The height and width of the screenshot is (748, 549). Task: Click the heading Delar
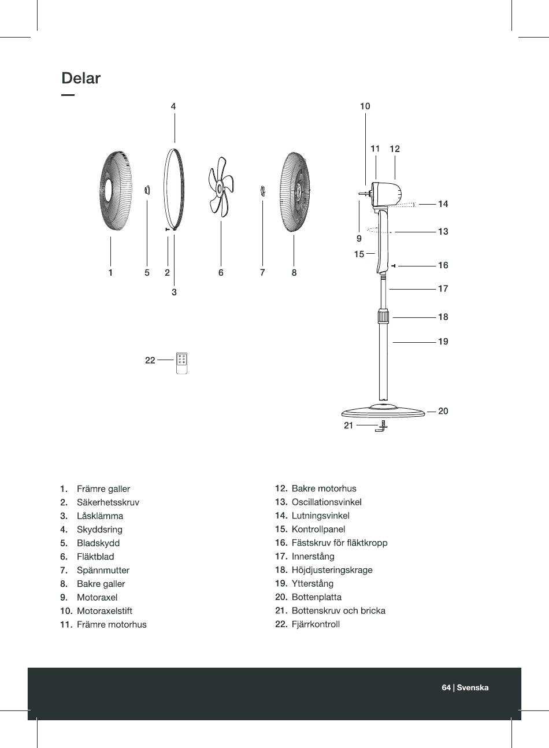pyautogui.click(x=81, y=78)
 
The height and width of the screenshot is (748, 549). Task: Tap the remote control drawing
pyautogui.click(x=181, y=364)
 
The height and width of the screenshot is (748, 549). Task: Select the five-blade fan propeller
pyautogui.click(x=221, y=187)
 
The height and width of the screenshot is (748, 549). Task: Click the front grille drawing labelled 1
pyautogui.click(x=116, y=191)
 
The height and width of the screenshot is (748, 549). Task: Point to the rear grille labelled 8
pyautogui.click(x=296, y=192)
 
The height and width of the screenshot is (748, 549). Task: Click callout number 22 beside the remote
pyautogui.click(x=150, y=360)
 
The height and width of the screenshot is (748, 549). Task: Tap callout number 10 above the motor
pyautogui.click(x=365, y=106)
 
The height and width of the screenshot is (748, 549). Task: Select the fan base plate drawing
pyautogui.click(x=383, y=411)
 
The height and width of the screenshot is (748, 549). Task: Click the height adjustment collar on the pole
pyautogui.click(x=384, y=317)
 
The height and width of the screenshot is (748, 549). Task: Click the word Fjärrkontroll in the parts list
pyautogui.click(x=316, y=624)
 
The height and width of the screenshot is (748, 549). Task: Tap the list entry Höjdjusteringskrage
pyautogui.click(x=332, y=570)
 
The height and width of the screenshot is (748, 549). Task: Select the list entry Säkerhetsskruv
pyautogui.click(x=108, y=502)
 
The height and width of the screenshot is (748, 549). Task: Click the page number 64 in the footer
pyautogui.click(x=446, y=687)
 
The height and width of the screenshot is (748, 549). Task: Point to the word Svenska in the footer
pyautogui.click(x=473, y=687)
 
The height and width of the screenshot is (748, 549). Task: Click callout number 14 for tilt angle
pyautogui.click(x=443, y=203)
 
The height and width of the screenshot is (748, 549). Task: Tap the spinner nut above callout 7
pyautogui.click(x=262, y=191)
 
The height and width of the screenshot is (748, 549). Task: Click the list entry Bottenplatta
pyautogui.click(x=317, y=597)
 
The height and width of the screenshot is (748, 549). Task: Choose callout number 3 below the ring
pyautogui.click(x=174, y=292)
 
